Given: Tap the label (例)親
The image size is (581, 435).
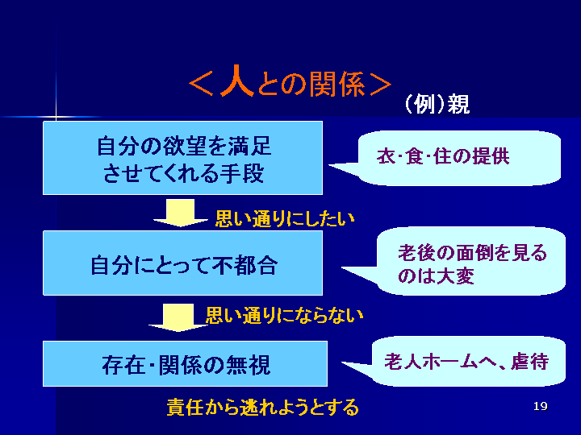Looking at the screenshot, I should point(436,105).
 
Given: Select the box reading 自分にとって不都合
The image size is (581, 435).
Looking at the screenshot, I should point(183,264).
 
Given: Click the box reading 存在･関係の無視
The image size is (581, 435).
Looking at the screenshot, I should point(186,364).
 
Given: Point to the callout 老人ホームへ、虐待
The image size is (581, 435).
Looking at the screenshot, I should point(466,362).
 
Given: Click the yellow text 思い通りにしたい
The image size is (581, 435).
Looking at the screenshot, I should point(285,218).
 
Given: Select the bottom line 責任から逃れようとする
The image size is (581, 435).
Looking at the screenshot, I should point(262,407).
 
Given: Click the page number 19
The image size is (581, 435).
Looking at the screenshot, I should point(541,406).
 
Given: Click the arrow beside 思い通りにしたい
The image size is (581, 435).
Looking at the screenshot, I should point(181,213).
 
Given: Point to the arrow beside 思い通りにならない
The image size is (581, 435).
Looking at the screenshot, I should point(179,317).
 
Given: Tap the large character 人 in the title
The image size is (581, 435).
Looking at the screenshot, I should point(237,83).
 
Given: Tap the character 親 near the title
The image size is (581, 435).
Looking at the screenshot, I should point(458,105).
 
